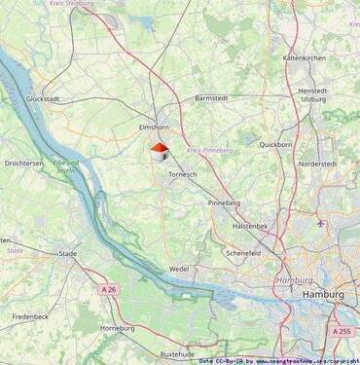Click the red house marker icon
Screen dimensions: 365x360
tap(160, 152)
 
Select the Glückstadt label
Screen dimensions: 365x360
tap(45, 98)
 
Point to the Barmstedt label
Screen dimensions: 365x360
tap(211, 98)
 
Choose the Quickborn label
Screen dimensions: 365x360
tap(275, 144)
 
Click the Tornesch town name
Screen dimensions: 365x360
tap(183, 173)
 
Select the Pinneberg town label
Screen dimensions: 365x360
tap(224, 202)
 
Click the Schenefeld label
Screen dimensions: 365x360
tap(243, 251)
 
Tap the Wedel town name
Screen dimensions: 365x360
tap(179, 268)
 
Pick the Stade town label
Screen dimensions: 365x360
tap(68, 253)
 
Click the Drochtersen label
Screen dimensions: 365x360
tap(24, 164)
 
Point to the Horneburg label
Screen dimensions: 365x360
tap(118, 329)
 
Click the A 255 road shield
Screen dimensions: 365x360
tap(342, 331)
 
